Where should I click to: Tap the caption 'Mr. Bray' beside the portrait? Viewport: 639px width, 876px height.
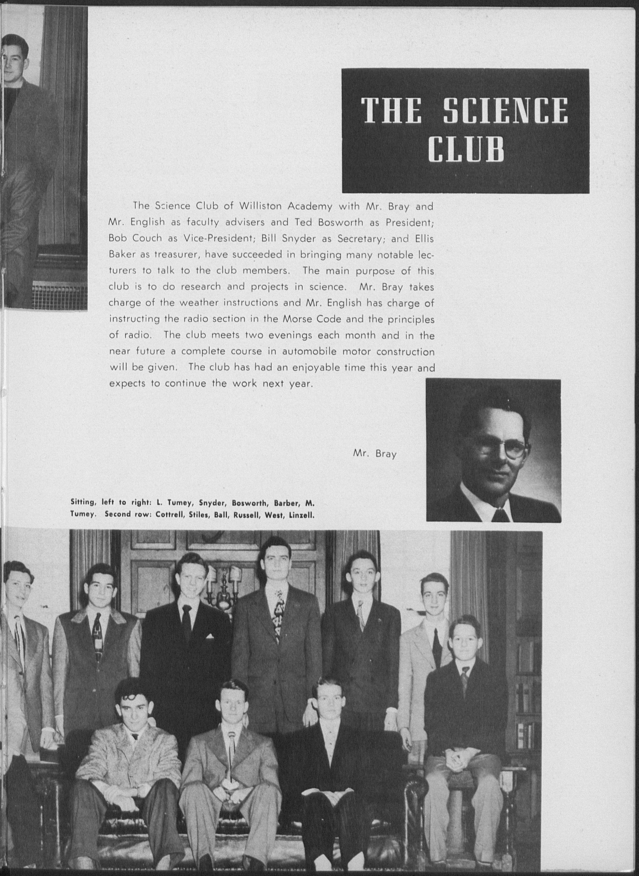click(x=375, y=453)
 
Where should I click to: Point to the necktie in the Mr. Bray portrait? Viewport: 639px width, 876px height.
click(x=501, y=515)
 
